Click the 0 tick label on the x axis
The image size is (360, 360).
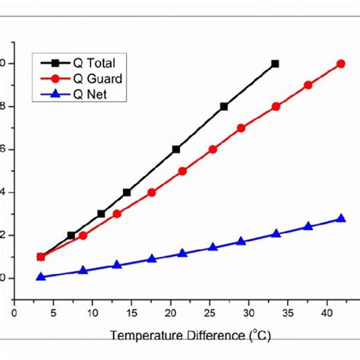[14, 311]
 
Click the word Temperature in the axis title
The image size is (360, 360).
[144, 335]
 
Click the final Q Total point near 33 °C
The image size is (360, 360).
[275, 64]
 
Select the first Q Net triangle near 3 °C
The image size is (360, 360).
[41, 276]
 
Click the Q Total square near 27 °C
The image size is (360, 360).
[224, 106]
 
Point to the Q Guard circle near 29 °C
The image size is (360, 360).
[241, 128]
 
